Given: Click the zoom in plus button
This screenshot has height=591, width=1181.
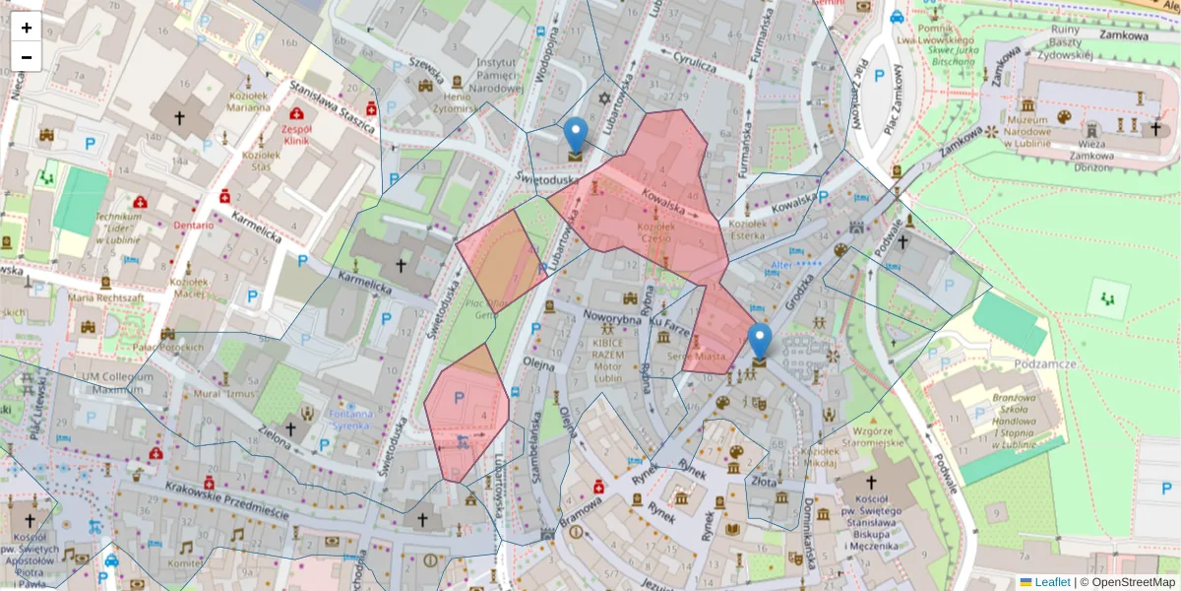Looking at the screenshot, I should click(27, 28).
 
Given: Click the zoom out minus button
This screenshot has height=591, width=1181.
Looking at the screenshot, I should click(27, 57).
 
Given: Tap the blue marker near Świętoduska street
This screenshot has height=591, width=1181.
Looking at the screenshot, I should click(575, 137).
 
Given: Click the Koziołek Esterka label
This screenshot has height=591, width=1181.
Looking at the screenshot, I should click(748, 230).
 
